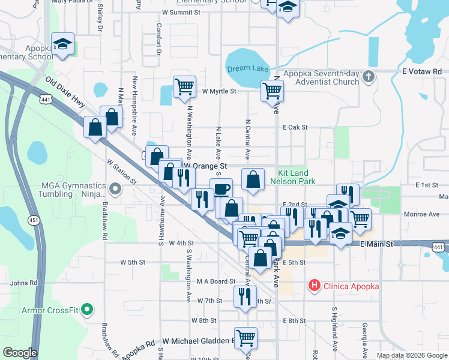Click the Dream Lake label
[x=247, y=68]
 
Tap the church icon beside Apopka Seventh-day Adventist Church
[x=369, y=76]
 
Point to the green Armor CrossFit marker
[x=87, y=310]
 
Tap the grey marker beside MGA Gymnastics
[x=116, y=190]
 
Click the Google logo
[x=20, y=353]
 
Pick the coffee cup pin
[x=221, y=189]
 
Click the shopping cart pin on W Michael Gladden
[x=246, y=337]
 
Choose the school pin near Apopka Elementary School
[x=62, y=44]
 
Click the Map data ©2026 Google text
[x=411, y=355]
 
